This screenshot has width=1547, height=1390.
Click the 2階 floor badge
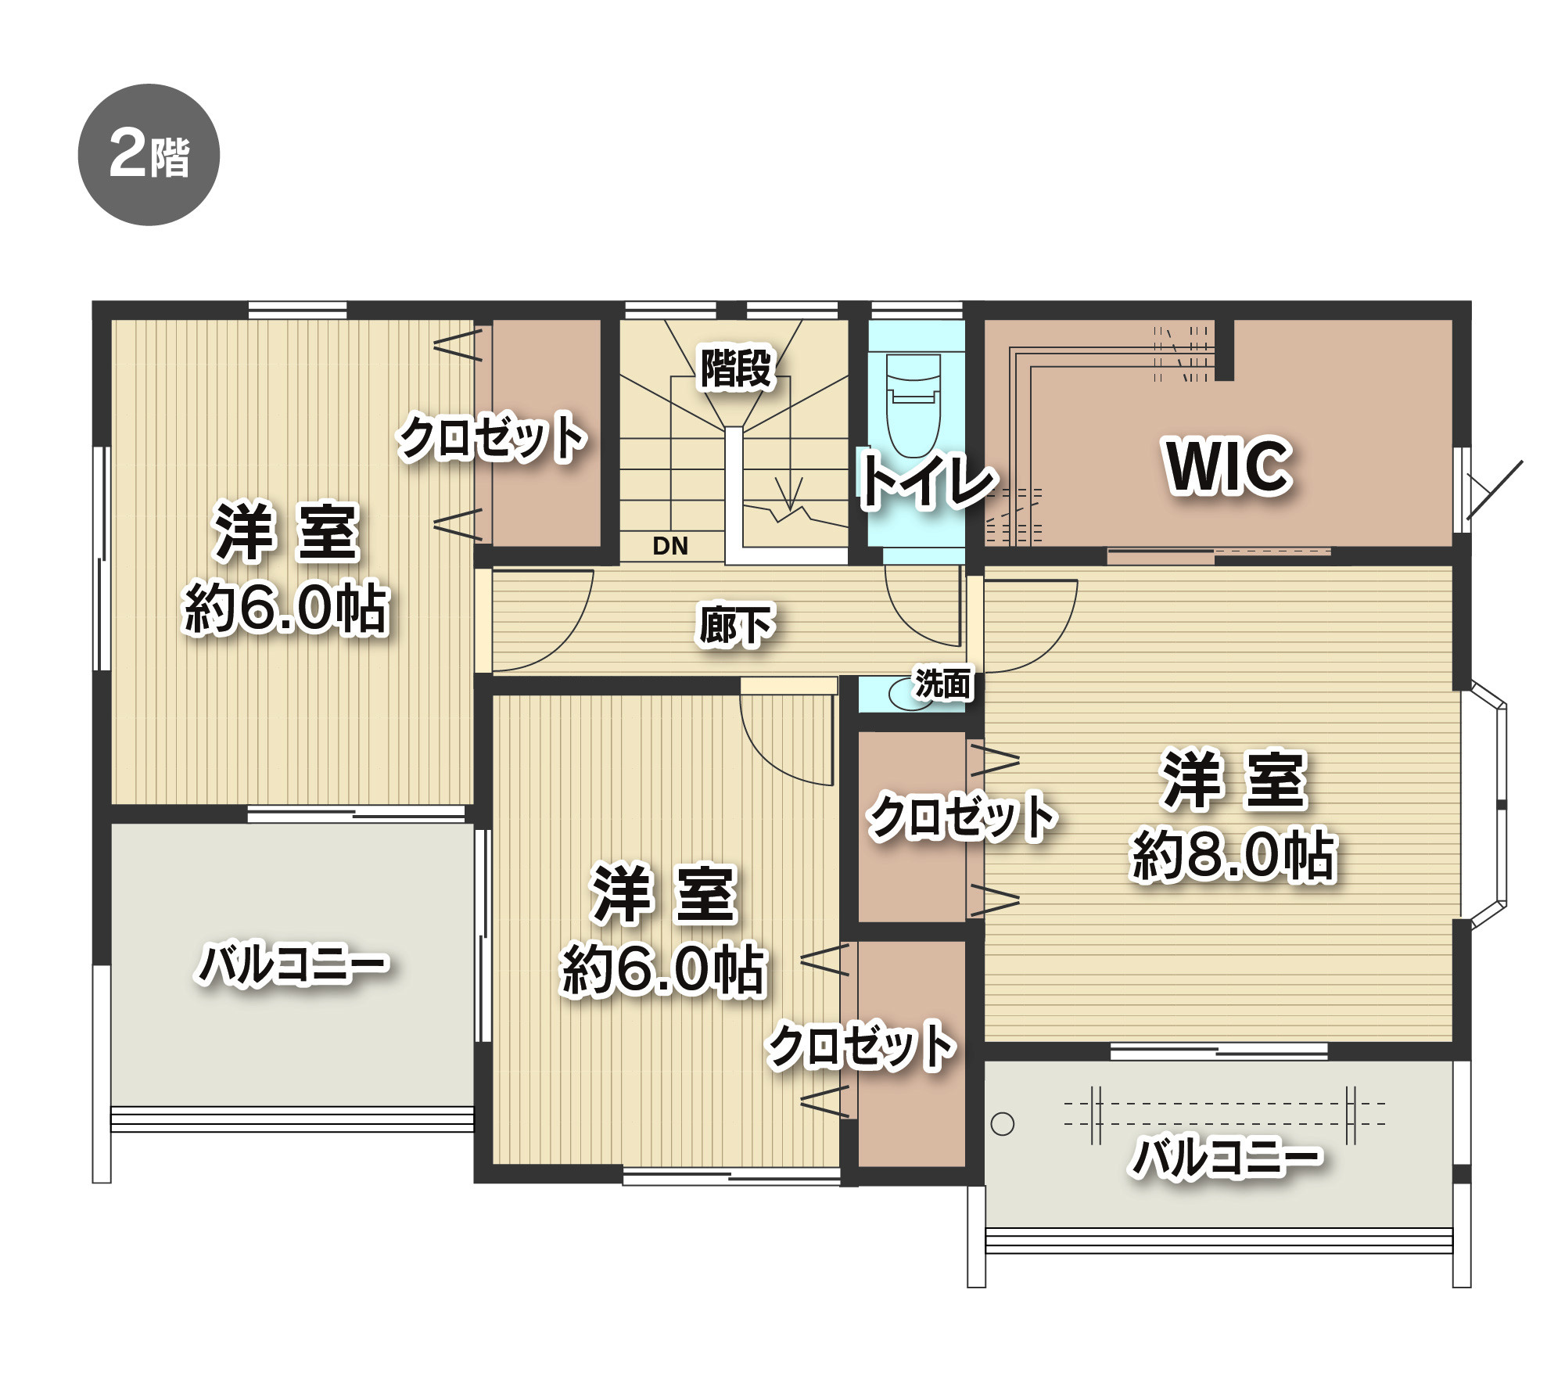149,155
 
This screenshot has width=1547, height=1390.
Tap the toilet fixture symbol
913,405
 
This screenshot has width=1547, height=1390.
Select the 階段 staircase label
736,368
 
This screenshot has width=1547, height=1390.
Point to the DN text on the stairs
670,546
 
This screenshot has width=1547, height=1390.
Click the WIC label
1228,466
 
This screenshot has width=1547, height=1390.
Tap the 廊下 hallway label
736,625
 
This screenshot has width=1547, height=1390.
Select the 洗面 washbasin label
943,684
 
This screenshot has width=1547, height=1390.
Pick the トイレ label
928,479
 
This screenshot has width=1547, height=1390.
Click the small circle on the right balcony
1002,1124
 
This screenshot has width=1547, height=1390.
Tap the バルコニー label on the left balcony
293,964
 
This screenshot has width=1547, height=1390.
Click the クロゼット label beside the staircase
493,437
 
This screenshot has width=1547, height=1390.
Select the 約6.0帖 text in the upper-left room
285,608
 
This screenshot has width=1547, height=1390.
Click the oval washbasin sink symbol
911,694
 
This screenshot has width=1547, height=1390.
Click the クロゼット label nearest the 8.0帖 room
964,817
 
